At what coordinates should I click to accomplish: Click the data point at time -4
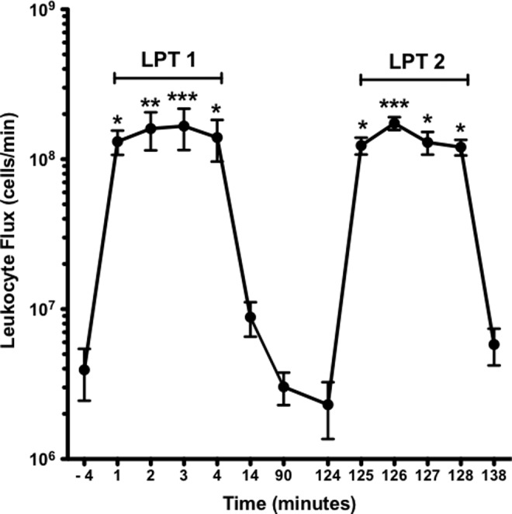(x=85, y=370)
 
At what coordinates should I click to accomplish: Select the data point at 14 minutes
(x=251, y=317)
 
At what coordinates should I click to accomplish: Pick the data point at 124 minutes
(x=327, y=405)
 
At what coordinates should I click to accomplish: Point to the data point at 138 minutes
(x=494, y=344)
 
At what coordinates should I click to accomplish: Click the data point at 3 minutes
(x=184, y=126)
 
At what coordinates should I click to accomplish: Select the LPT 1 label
(x=167, y=60)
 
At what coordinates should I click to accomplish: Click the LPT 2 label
(x=413, y=60)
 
